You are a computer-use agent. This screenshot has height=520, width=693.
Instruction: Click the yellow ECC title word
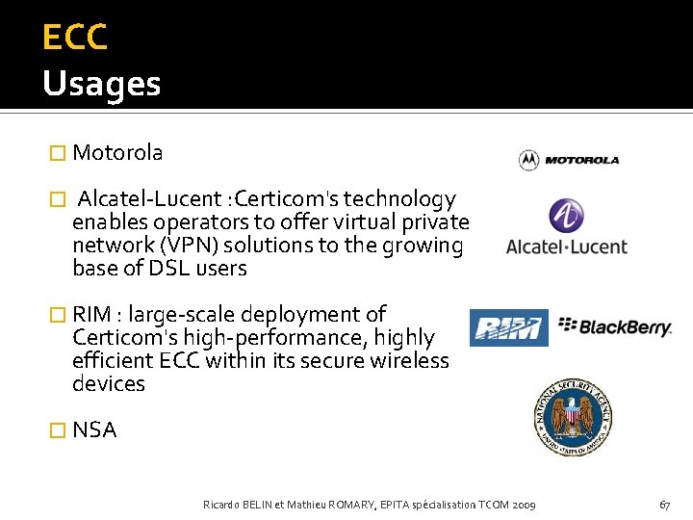pyautogui.click(x=74, y=38)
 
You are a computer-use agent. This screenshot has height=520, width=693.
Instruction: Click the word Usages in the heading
pyautogui.click(x=101, y=85)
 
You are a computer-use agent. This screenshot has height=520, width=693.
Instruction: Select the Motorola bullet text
pyautogui.click(x=117, y=152)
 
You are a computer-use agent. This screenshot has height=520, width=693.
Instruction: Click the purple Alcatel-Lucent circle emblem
pyautogui.click(x=566, y=216)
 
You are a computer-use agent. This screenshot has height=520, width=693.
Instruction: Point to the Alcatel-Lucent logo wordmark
pyautogui.click(x=566, y=247)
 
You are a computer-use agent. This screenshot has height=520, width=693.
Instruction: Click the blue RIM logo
pyautogui.click(x=508, y=327)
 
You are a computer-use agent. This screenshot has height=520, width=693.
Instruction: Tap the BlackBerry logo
pyautogui.click(x=615, y=326)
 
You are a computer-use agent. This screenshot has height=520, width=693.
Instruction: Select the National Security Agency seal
pyautogui.click(x=570, y=417)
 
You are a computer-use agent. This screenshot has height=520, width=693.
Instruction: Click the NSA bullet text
pyautogui.click(x=94, y=430)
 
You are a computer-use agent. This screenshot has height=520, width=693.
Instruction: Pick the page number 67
pyautogui.click(x=664, y=505)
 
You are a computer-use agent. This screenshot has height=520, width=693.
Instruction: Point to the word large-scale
pyautogui.click(x=181, y=314)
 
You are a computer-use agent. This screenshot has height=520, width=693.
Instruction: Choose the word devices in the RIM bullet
pyautogui.click(x=108, y=383)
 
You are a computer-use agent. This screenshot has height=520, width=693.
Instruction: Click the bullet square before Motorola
pyautogui.click(x=57, y=153)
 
